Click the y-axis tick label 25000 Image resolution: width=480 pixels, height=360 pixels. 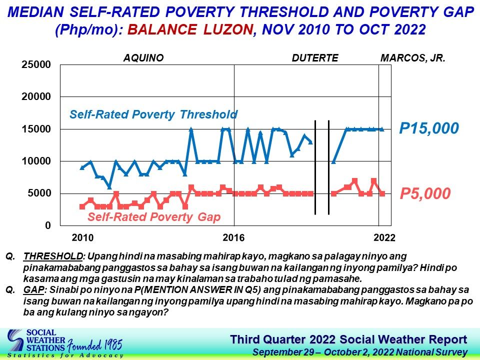coord(36,64)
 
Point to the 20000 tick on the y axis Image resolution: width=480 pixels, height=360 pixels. coord(36,96)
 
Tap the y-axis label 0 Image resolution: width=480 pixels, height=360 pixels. coord(48,225)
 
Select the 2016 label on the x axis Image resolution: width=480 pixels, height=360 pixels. coord(233,237)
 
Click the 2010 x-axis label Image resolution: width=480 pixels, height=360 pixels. coord(82,237)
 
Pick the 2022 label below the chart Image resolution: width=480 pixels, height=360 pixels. coord(384,237)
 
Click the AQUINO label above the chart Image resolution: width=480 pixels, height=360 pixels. coord(143,58)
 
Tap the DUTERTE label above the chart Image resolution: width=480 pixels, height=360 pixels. coord(315,58)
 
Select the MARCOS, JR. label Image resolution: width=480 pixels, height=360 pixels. coord(412,58)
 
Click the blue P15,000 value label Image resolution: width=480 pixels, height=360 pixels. coord(429,128)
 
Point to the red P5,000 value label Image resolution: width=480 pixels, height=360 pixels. coord(425,193)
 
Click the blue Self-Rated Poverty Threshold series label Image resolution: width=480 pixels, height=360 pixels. coord(153,114)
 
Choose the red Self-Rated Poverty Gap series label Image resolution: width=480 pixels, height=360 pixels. coord(154,216)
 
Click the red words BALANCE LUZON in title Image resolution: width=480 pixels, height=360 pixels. coord(190,29)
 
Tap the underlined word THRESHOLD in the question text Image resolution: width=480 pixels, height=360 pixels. coord(53,256)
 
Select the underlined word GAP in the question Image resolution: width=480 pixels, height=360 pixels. coord(33,289)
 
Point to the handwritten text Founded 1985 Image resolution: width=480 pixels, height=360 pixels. coord(94,345)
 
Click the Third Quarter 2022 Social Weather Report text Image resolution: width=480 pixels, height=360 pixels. coord(348,340)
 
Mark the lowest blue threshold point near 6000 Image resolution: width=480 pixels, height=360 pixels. coord(109,186)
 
